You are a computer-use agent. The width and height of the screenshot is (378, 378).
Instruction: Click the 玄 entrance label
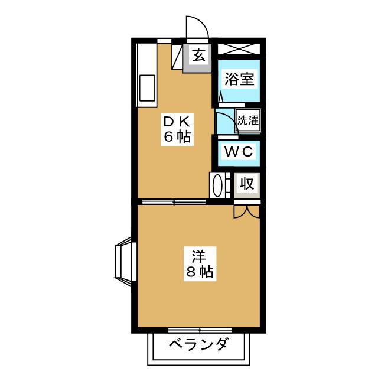[x=199, y=57]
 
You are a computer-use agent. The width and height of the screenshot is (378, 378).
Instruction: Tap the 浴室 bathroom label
[x=239, y=79]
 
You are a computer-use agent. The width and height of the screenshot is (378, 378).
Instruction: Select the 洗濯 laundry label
[x=247, y=120]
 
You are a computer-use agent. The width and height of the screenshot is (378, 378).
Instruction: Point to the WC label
[x=239, y=151]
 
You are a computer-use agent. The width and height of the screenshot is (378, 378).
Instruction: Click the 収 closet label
[x=247, y=184]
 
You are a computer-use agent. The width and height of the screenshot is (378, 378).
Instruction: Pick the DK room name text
[x=176, y=122]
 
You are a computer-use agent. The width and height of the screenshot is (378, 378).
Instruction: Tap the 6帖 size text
[x=176, y=138]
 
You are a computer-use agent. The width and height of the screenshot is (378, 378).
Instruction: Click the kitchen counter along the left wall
[x=146, y=74]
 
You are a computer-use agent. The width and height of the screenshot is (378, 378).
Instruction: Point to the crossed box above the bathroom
[x=239, y=48]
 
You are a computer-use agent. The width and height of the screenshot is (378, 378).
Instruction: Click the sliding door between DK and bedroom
[x=174, y=202]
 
